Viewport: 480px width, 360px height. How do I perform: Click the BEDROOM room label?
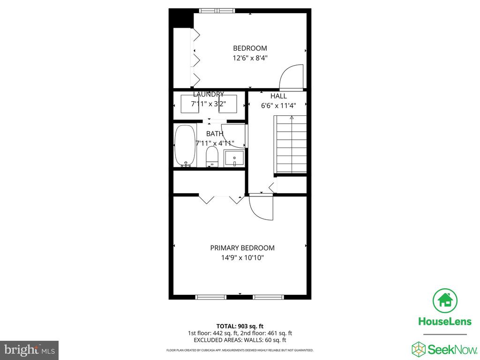250,48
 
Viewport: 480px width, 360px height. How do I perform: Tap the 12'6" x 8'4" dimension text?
250,58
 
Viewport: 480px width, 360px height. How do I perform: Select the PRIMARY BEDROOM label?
242,248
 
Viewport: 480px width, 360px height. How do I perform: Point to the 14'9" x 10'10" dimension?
242,258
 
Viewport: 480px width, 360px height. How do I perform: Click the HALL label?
278,96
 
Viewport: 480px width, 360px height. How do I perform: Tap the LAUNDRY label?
208,94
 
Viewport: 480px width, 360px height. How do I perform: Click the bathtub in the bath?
184,145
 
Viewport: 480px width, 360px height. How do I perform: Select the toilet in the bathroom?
212,157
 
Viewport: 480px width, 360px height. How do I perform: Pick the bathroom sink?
234,157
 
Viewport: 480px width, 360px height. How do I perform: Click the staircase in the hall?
290,145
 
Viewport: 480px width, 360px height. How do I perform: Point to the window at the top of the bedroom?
216,10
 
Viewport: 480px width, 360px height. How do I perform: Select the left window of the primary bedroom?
210,297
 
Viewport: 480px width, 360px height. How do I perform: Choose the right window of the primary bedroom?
268,297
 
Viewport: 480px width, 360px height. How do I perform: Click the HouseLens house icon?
445,301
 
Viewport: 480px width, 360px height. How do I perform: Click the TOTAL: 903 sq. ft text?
240,326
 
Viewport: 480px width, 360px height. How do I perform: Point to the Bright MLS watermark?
29,350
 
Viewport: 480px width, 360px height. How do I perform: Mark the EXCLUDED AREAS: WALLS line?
240,340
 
